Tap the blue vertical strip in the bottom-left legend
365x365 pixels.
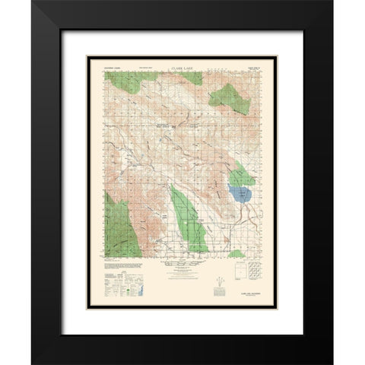pos(138,284)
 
